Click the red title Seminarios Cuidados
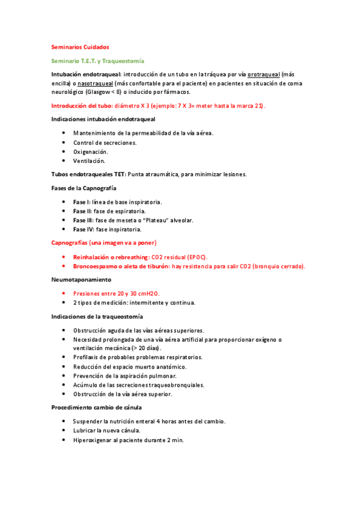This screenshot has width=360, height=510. coord(80,47)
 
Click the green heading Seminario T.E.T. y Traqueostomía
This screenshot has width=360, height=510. coord(98,61)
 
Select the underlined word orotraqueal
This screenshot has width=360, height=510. coord(264,74)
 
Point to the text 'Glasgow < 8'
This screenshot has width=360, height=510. coord(103,92)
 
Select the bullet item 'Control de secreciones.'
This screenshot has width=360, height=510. coord(105,143)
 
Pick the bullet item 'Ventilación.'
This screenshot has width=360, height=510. coord(89,161)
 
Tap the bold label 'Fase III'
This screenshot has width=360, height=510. coord(82,220)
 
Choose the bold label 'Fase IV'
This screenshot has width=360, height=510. coord(82,229)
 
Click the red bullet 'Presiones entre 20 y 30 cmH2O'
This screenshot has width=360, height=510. coord(120,293)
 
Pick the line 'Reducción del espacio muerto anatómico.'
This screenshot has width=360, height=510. coord(130,366)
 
